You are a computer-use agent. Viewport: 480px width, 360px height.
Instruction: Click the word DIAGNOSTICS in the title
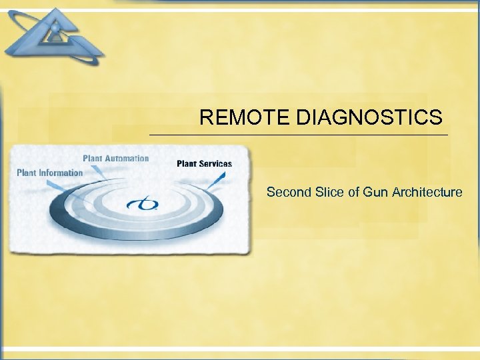pos(369,119)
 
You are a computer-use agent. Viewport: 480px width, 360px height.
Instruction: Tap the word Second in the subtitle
pos(287,193)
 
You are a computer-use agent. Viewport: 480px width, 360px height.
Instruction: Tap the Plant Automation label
pos(115,159)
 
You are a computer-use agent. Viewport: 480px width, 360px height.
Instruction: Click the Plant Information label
pos(49,173)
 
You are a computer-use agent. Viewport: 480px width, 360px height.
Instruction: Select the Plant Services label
pos(204,163)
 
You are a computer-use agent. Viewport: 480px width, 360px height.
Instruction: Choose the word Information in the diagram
pos(61,173)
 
